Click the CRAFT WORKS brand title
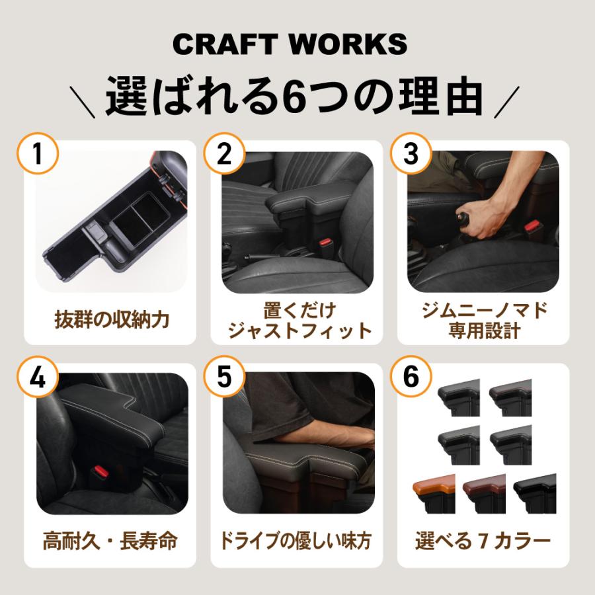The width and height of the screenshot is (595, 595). pos(290,44)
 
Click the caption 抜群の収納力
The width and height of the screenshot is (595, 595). pos(112,320)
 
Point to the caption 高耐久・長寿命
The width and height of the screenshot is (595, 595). pos(110,541)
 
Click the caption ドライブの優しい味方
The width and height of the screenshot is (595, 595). pos(297,541)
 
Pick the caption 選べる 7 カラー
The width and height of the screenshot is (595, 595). pos(483,541)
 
